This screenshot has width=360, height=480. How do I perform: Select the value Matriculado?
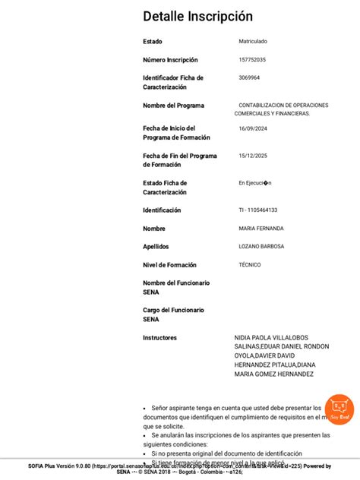click(x=253, y=41)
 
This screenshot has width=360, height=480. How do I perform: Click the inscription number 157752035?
click(x=252, y=59)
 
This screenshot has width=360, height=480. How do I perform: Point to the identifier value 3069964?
click(x=249, y=77)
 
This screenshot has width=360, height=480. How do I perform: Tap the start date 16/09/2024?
click(x=252, y=128)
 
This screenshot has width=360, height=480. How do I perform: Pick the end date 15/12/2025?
click(x=252, y=156)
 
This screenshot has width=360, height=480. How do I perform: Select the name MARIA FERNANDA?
click(x=261, y=229)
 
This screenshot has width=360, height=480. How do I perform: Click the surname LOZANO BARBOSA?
click(x=261, y=247)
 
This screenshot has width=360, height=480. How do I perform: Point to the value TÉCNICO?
click(x=249, y=265)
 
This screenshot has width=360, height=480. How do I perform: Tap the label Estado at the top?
click(x=153, y=42)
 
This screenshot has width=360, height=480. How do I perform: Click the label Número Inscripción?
click(x=170, y=60)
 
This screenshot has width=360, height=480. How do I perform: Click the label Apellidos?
click(x=156, y=247)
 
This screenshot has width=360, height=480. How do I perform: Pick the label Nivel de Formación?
click(x=169, y=265)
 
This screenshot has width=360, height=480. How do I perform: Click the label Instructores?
click(x=159, y=337)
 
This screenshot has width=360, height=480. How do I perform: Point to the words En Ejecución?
click(x=255, y=183)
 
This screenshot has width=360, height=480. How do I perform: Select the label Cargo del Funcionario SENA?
click(x=173, y=314)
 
